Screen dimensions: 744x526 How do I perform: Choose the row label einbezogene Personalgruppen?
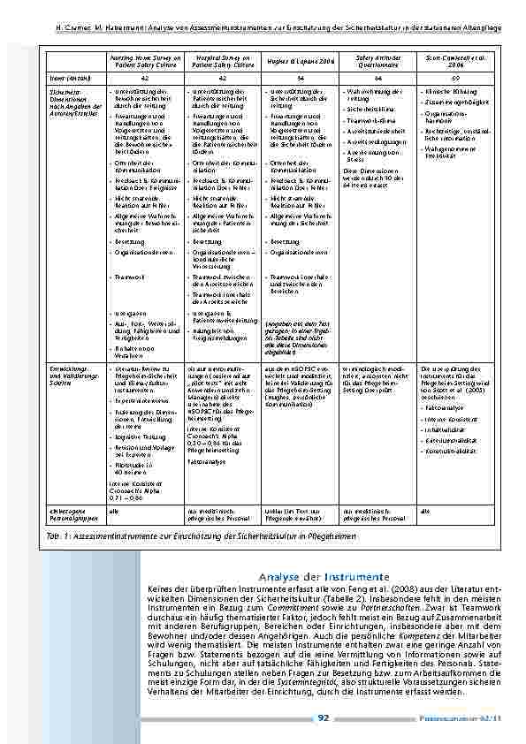click(72, 513)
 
